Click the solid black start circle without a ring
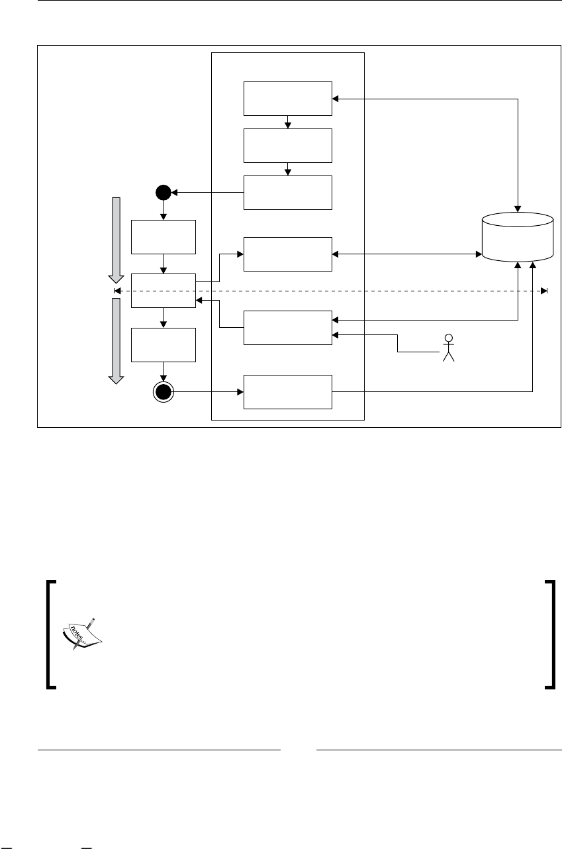pyautogui.click(x=163, y=193)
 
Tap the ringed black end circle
pyautogui.click(x=163, y=393)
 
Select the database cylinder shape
pyautogui.click(x=518, y=237)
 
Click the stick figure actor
pyautogui.click(x=449, y=348)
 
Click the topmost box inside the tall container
pyautogui.click(x=287, y=99)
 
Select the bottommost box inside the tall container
pyautogui.click(x=287, y=392)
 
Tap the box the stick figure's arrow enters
pyautogui.click(x=287, y=327)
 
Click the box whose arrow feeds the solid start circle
pyautogui.click(x=287, y=193)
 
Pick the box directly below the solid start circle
pyautogui.click(x=163, y=237)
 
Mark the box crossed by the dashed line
pyautogui.click(x=163, y=291)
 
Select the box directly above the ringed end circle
pyautogui.click(x=163, y=344)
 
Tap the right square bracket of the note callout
pyautogui.click(x=549, y=636)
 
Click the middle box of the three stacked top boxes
pyautogui.click(x=287, y=146)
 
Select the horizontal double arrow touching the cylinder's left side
pyautogui.click(x=406, y=254)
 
